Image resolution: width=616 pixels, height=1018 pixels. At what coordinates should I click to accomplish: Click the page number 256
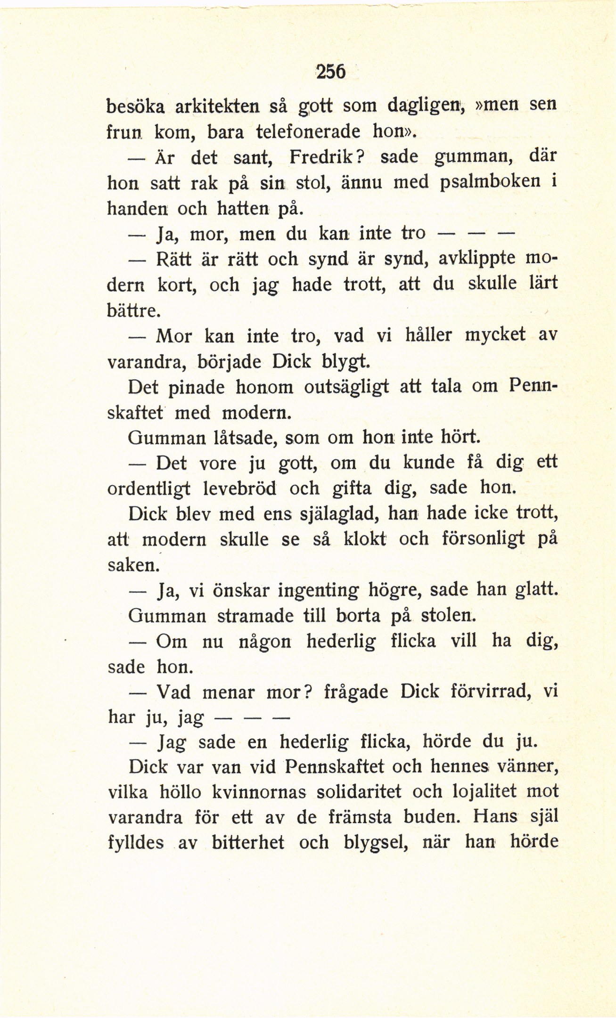(x=331, y=72)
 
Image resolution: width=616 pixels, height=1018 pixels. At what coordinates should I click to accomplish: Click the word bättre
(x=135, y=310)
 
